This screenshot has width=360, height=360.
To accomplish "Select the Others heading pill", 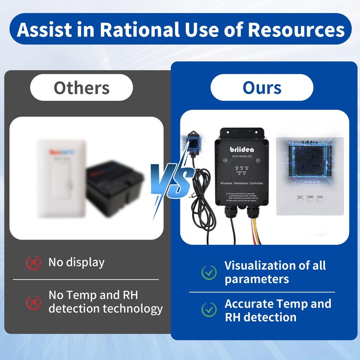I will pos(81,87).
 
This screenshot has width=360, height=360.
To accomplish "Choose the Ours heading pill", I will pos(262,87).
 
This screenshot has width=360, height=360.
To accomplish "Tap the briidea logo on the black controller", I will pos(242,148).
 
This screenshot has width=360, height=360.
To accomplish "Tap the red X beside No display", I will pos(33,262).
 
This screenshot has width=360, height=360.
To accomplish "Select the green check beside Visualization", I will pos(209,272).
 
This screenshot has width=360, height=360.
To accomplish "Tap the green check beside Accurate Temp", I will pos(209,310).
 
